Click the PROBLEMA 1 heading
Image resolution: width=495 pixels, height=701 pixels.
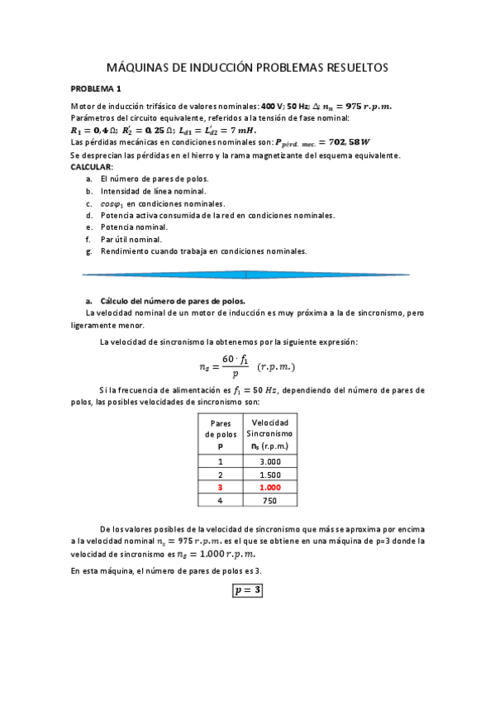[96, 88]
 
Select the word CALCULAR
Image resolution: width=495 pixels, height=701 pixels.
[91, 166]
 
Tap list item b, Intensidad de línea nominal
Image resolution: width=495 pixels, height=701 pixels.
[153, 190]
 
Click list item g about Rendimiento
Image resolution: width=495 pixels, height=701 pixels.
[202, 251]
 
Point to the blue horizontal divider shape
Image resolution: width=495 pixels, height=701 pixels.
[246, 274]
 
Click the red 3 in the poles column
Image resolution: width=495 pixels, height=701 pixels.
[220, 488]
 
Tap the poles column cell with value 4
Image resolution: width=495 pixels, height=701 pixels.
[220, 500]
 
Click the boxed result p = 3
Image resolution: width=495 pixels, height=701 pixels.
[247, 590]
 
